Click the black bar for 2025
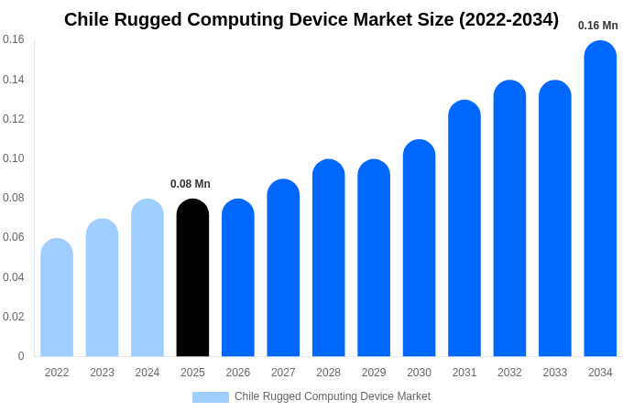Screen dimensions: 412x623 click(x=192, y=278)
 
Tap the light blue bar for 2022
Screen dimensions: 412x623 click(x=57, y=298)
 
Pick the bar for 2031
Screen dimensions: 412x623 click(x=465, y=229)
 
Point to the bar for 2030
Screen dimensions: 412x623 click(x=419, y=248)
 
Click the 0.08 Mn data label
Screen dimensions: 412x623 click(x=191, y=184)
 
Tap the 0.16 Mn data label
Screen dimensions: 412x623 click(x=597, y=26)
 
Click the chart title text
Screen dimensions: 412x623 click(x=311, y=19)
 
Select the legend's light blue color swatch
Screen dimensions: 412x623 click(x=210, y=396)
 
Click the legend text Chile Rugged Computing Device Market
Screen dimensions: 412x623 click(x=333, y=396)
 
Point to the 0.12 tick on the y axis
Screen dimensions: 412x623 click(x=14, y=119)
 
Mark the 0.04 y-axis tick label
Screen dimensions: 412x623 click(x=14, y=277)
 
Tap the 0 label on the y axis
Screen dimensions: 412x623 click(x=21, y=356)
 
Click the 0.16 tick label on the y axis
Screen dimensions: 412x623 click(x=14, y=39)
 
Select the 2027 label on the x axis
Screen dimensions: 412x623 click(x=283, y=373)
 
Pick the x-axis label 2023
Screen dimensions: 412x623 click(x=102, y=373)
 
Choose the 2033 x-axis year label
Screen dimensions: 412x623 click(x=554, y=373)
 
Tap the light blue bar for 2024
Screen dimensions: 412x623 click(x=148, y=278)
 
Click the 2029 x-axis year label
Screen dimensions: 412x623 click(x=374, y=373)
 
